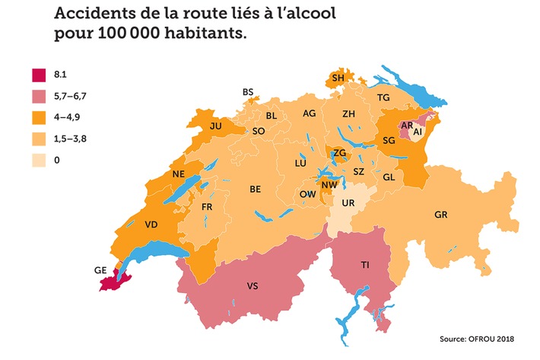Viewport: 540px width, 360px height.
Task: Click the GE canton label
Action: pyautogui.click(x=100, y=269)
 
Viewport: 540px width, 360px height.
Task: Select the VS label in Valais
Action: pyautogui.click(x=253, y=286)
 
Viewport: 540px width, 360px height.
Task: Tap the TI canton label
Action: pyautogui.click(x=365, y=264)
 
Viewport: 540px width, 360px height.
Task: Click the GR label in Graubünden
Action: pyautogui.click(x=440, y=215)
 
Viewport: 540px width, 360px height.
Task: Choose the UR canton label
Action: pyautogui.click(x=348, y=205)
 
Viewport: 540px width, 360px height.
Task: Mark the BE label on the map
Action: pyautogui.click(x=256, y=189)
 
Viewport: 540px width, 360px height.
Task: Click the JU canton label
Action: pyautogui.click(x=215, y=126)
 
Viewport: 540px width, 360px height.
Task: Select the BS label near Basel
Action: pyautogui.click(x=248, y=92)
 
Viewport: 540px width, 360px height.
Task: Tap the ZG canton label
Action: pyautogui.click(x=340, y=153)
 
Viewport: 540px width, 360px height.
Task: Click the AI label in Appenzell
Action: pyautogui.click(x=417, y=132)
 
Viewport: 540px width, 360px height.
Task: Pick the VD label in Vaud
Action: pyautogui.click(x=151, y=225)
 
